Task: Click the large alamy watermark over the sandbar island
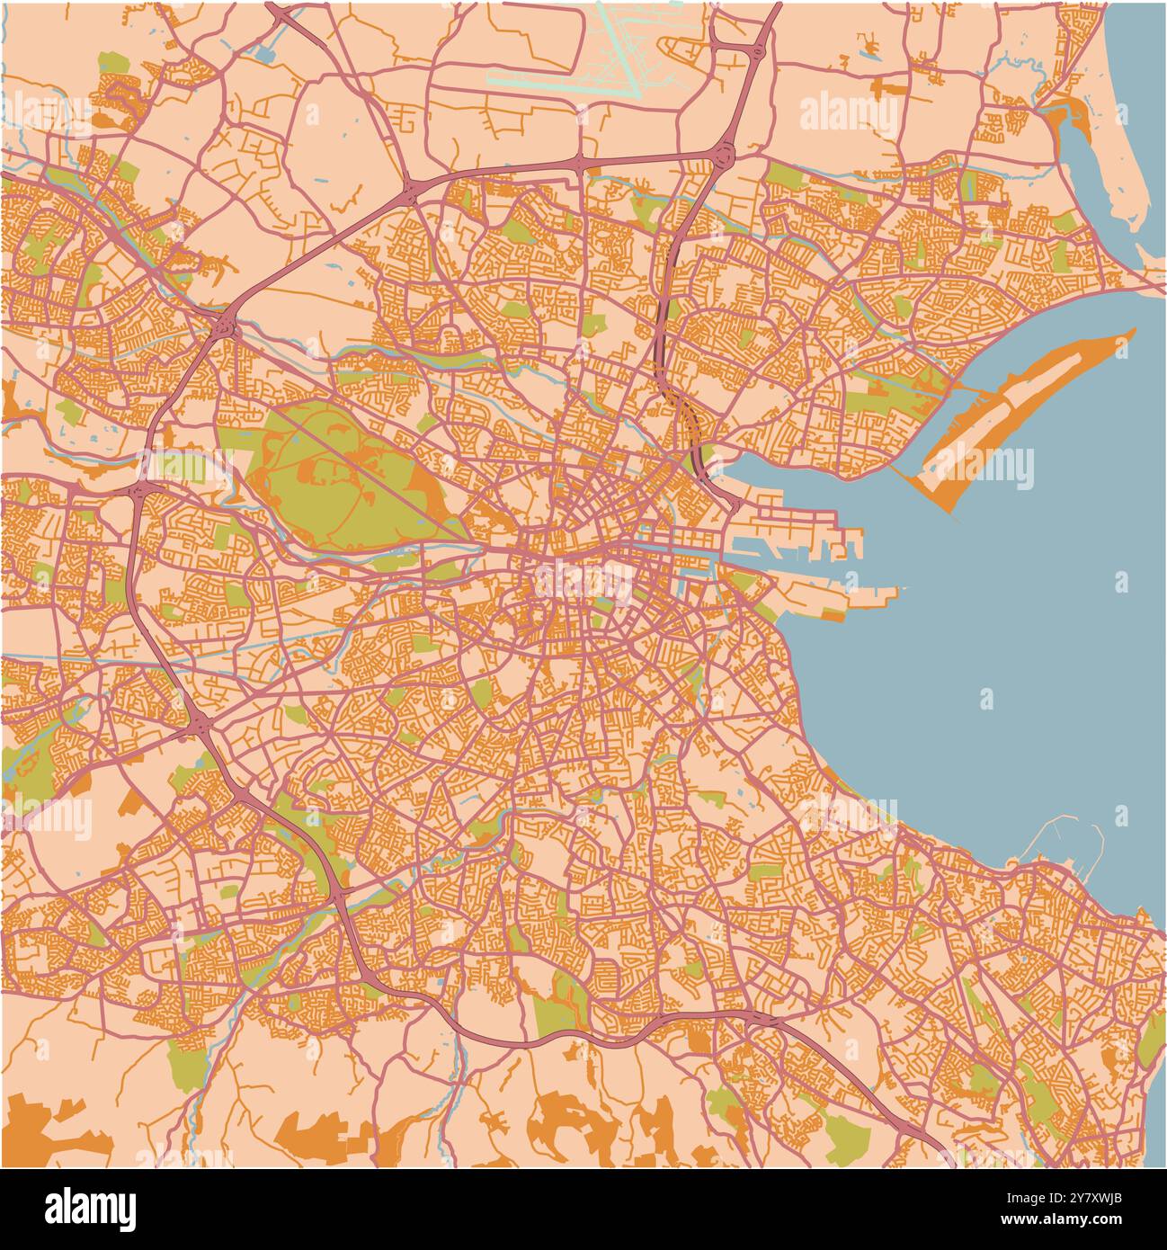(x=980, y=468)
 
